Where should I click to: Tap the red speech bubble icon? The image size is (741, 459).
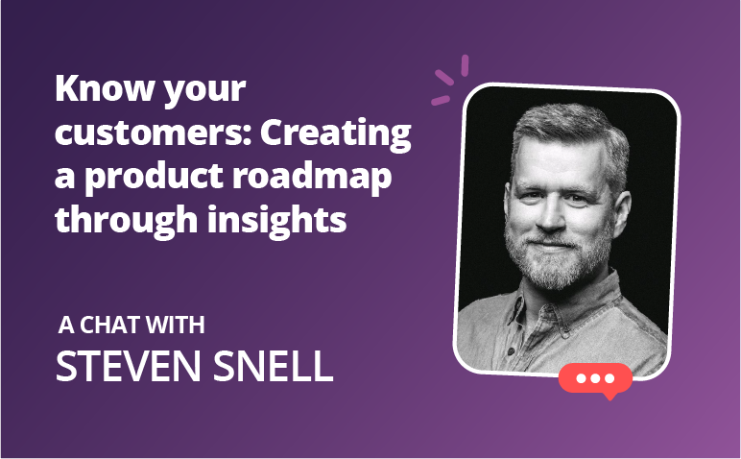pos(595,378)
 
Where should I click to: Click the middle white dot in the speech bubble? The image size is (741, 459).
pos(595,377)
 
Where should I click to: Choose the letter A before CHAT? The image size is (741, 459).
pos(65,326)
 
